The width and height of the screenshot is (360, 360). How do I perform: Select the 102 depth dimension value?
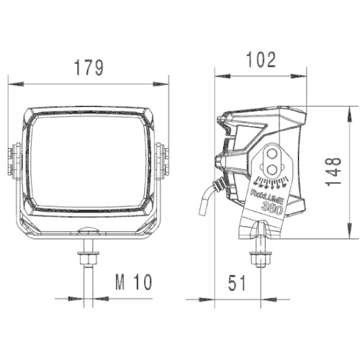(260, 60)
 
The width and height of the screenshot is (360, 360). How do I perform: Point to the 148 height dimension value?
(333, 173)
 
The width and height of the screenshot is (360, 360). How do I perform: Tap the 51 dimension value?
(235, 283)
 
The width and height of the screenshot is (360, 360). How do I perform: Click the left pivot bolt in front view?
(14, 161)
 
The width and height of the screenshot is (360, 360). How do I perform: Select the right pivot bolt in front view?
(163, 161)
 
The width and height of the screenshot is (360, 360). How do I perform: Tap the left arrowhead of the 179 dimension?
(13, 84)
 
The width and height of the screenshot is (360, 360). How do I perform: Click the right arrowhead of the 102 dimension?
(300, 75)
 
